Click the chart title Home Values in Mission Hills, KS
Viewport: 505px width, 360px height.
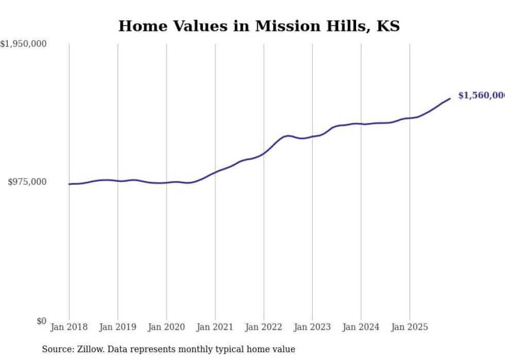pyautogui.click(x=259, y=26)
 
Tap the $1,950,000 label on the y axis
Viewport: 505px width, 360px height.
pyautogui.click(x=23, y=44)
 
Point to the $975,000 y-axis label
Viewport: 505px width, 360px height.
pyautogui.click(x=27, y=182)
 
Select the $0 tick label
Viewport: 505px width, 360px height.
pyautogui.click(x=41, y=321)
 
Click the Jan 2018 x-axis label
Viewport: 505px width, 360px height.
pyautogui.click(x=69, y=327)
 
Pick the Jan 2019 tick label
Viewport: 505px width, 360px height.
pyautogui.click(x=117, y=327)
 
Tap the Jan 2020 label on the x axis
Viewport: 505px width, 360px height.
pyautogui.click(x=166, y=327)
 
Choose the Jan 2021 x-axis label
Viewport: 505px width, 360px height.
pyautogui.click(x=215, y=327)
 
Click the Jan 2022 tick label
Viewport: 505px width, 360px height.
pyautogui.click(x=264, y=327)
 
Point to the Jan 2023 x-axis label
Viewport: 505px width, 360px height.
pyautogui.click(x=312, y=327)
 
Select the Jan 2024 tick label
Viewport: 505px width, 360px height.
pyautogui.click(x=361, y=327)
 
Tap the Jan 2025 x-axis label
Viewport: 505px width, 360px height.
pyautogui.click(x=410, y=327)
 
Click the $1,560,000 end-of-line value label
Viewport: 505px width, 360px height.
pyautogui.click(x=481, y=96)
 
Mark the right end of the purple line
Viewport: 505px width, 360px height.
pyautogui.click(x=450, y=98)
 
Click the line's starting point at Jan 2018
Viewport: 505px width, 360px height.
pyautogui.click(x=69, y=184)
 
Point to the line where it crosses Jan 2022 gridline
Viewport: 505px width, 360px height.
pyautogui.click(x=264, y=153)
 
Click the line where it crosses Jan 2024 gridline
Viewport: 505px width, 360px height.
pyautogui.click(x=361, y=124)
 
